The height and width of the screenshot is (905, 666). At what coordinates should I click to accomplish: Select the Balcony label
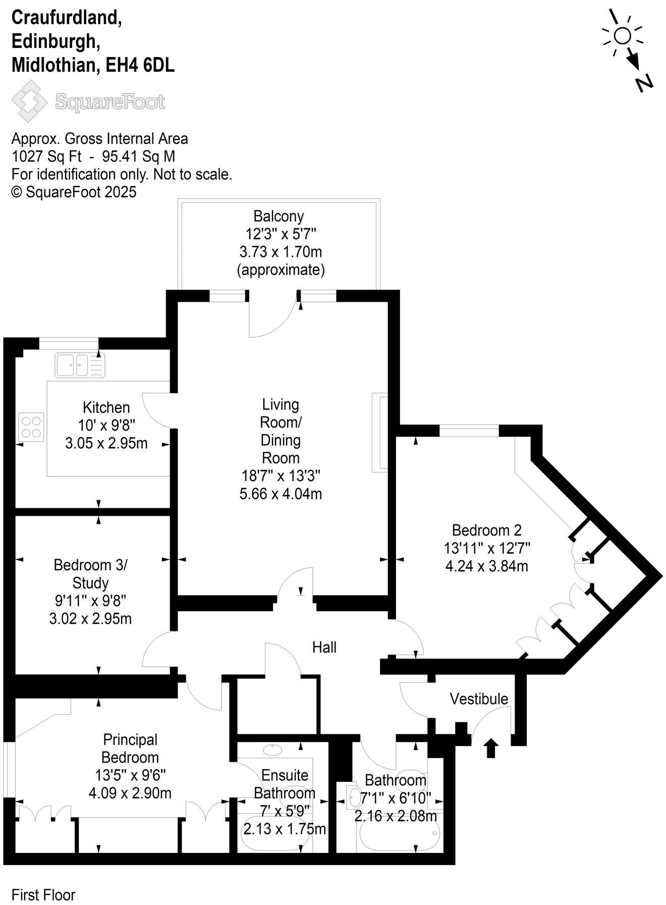tap(279, 217)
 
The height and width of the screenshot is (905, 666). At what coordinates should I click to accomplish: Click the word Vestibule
tap(479, 699)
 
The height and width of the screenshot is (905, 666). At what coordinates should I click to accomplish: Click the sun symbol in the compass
tap(623, 36)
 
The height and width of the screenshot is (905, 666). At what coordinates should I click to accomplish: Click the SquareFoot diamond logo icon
tap(30, 102)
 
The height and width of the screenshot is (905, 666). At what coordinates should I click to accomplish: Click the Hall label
tap(324, 647)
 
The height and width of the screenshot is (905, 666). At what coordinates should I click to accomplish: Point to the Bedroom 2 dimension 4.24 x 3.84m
tap(486, 566)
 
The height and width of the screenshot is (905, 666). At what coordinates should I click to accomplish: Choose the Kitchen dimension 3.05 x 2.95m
tap(106, 443)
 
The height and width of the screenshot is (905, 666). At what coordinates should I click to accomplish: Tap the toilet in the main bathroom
tap(353, 796)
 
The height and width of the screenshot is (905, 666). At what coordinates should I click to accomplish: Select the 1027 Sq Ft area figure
tap(46, 156)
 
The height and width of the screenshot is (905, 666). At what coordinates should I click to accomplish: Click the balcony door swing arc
tap(272, 323)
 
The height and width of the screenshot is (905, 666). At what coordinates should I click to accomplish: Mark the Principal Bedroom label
tap(130, 748)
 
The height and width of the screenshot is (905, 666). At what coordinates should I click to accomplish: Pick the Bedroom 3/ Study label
tap(91, 573)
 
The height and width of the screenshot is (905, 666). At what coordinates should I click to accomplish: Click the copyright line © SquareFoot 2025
tap(74, 192)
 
